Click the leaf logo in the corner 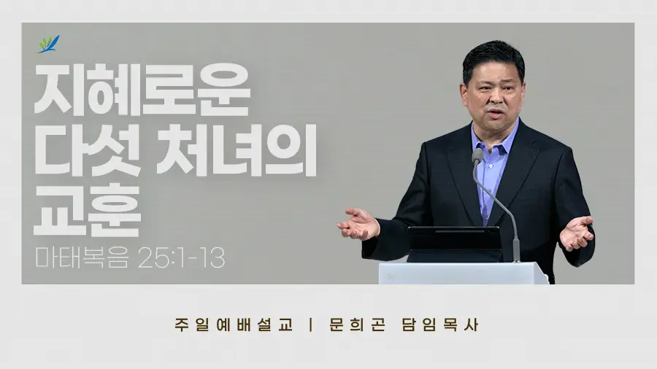tap(49, 44)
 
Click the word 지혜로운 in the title tap(142, 90)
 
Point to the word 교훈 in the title tap(88, 211)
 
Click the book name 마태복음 tap(82, 257)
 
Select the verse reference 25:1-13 tap(182, 257)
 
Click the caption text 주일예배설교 tap(234, 325)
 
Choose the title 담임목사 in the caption tap(440, 325)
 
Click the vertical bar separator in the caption tap(310, 325)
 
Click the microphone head tap(477, 155)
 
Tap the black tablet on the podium tap(455, 244)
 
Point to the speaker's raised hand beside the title tap(358, 224)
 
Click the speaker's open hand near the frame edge tap(577, 233)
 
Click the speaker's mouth tap(495, 113)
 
